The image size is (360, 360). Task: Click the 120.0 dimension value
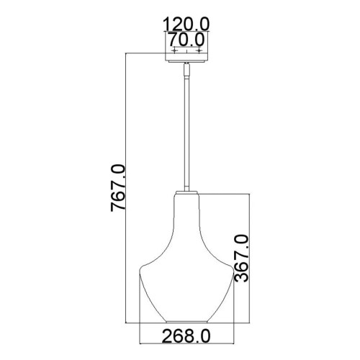tap(186, 24)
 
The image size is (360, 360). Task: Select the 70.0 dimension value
tap(186, 39)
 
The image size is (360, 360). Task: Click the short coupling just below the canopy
tap(186, 71)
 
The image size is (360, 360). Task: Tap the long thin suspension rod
tap(186, 130)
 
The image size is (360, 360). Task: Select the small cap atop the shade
tap(186, 191)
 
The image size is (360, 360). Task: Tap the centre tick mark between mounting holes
tap(186, 52)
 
